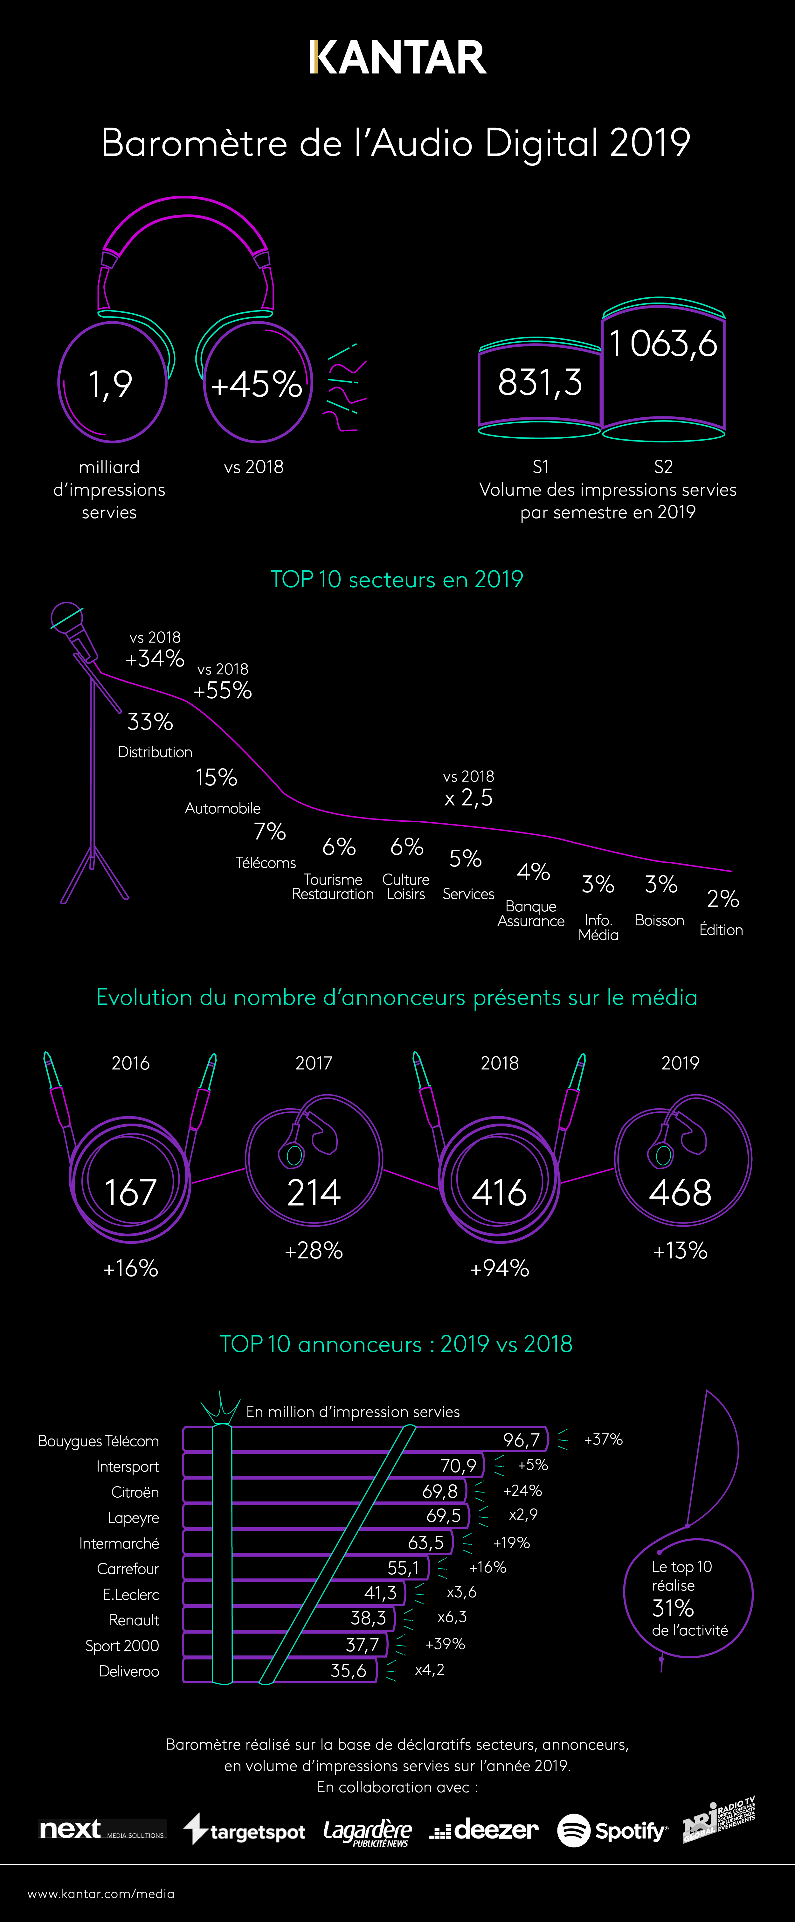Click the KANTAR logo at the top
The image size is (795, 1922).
point(397,58)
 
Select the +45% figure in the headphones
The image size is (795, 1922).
point(256,384)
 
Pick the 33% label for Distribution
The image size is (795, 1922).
point(150,721)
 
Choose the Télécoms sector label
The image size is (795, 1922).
point(266,862)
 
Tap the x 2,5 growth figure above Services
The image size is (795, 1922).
point(468,797)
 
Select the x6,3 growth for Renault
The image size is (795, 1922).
point(452,1617)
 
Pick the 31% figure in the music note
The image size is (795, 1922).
point(673,1608)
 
